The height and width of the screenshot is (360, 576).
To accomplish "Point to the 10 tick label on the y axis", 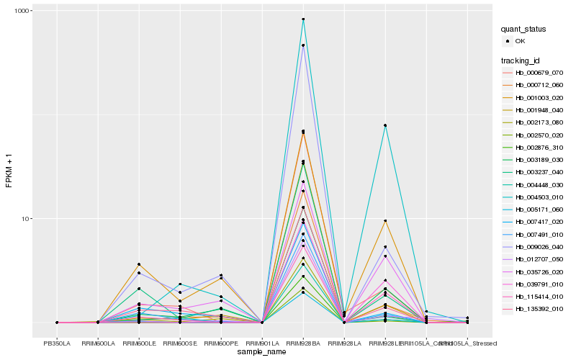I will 22,219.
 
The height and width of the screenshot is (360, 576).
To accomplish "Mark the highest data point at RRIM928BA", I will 303,19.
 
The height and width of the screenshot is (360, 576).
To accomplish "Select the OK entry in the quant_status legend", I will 520,41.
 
